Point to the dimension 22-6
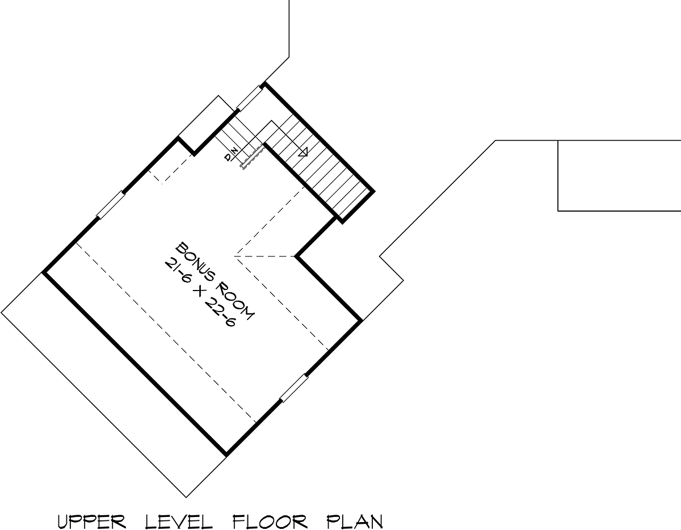220,313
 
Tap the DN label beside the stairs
232,154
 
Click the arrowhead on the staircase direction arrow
303,152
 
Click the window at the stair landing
249,98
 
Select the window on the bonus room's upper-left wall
111,205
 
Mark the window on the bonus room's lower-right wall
294,388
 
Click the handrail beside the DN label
253,155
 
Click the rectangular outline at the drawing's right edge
619,176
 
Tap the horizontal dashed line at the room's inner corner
265,256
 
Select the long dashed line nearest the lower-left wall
166,332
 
